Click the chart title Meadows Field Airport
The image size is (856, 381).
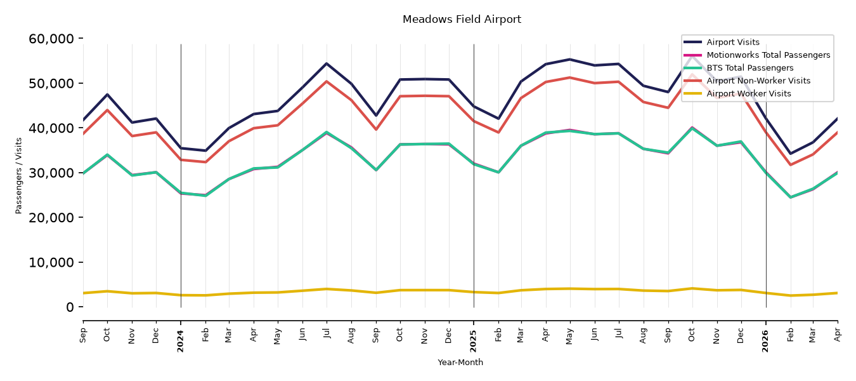coord(462,19)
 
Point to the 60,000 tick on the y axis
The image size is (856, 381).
coord(51,39)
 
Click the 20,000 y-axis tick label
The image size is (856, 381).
coord(51,217)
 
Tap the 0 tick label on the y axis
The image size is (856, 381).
coord(70,307)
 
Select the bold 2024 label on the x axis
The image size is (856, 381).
coord(180,341)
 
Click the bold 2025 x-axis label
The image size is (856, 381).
coord(473,341)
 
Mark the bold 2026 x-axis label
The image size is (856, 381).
coord(765,341)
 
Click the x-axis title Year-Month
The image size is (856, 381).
coord(460,362)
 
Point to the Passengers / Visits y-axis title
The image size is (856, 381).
coord(19,176)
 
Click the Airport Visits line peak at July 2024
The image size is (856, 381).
coord(327,63)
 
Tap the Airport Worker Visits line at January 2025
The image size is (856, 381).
coord(474,292)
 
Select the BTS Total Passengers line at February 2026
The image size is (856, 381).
coord(790,197)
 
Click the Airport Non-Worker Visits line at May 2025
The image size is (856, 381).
coord(570,77)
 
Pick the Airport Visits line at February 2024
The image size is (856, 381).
coord(205,150)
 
